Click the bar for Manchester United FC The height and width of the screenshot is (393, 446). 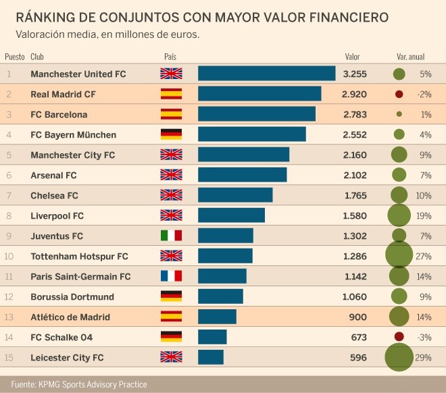266,74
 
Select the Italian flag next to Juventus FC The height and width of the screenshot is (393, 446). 171,236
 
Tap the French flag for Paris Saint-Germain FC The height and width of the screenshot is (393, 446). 171,276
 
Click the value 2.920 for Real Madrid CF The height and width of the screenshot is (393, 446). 354,94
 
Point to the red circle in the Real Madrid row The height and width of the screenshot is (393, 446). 399,94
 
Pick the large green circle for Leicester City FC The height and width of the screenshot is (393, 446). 399,357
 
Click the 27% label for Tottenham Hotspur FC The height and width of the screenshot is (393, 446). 423,256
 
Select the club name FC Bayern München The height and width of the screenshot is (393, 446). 74,134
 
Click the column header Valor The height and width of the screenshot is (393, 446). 352,57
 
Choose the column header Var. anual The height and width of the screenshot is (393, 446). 410,57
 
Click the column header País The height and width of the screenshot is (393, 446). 170,57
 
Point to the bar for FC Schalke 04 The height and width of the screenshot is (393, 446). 212,337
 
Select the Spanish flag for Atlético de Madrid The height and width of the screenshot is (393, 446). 171,317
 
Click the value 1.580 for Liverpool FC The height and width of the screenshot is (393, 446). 354,215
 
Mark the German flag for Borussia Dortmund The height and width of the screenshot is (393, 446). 171,296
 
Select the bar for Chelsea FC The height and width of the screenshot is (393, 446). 235,195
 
